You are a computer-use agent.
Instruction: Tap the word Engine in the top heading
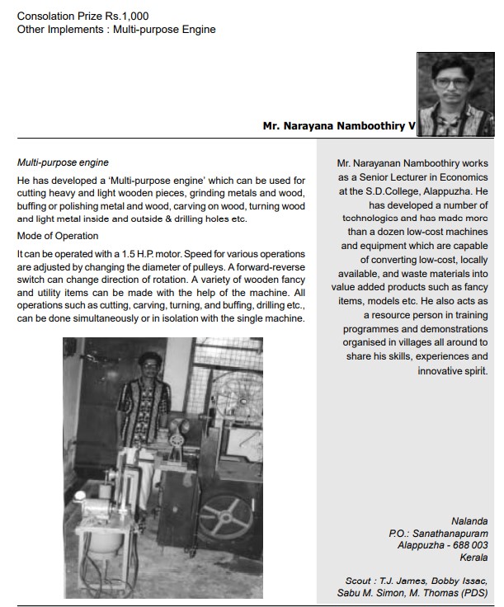click(x=197, y=30)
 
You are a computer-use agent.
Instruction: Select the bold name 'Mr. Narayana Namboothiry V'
click(x=339, y=128)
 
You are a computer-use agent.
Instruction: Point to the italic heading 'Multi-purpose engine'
click(x=63, y=162)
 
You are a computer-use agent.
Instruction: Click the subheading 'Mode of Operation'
click(x=58, y=236)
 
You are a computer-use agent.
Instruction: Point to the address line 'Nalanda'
click(x=469, y=521)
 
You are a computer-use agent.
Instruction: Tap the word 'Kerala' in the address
click(x=473, y=558)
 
